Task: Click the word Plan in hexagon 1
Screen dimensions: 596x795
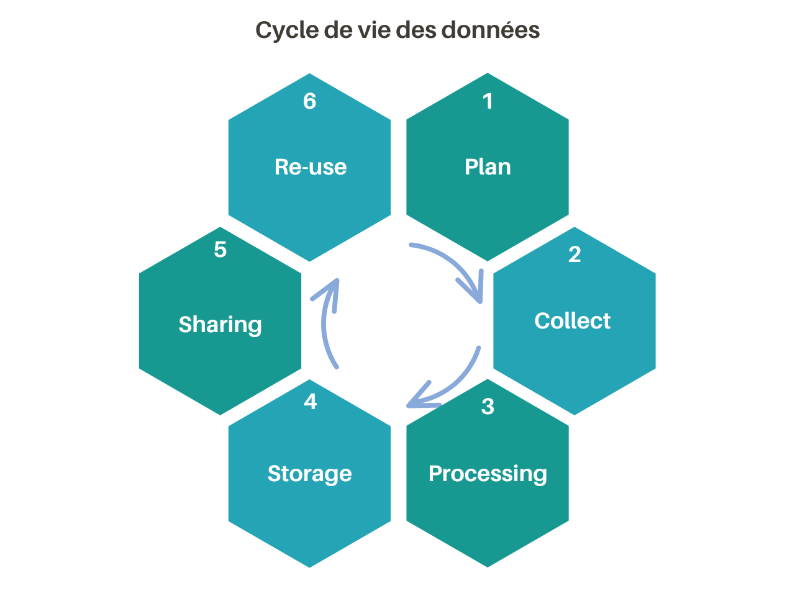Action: click(x=488, y=167)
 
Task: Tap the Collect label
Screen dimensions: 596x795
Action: click(x=572, y=321)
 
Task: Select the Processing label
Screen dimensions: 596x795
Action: click(x=488, y=474)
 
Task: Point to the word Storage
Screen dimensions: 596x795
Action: click(x=309, y=474)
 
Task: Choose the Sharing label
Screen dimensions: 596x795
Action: click(x=220, y=325)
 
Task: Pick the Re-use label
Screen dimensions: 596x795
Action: click(x=311, y=167)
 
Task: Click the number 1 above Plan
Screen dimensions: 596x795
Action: click(x=488, y=101)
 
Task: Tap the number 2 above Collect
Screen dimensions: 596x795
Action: click(x=575, y=255)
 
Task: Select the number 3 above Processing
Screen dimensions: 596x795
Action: click(x=488, y=407)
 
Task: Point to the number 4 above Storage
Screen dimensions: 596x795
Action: click(x=310, y=402)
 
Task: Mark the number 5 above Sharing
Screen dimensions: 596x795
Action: click(x=220, y=250)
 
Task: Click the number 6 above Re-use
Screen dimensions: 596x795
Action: click(x=309, y=101)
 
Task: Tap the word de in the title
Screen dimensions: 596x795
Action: click(x=338, y=30)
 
